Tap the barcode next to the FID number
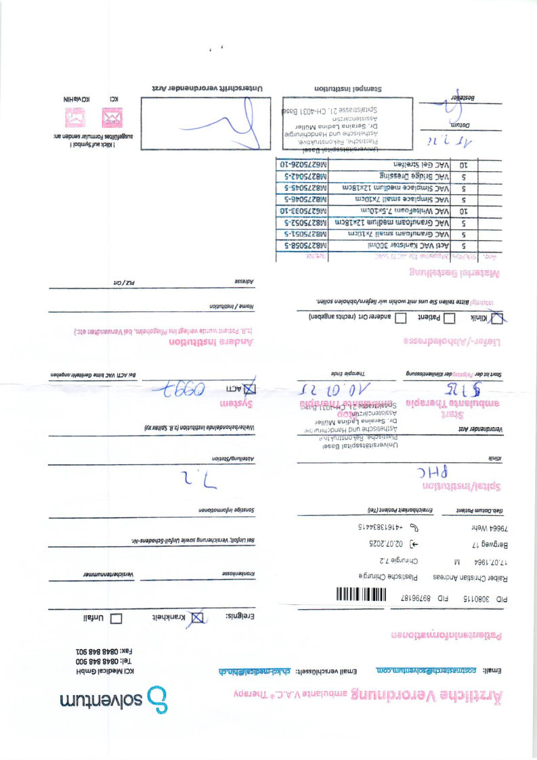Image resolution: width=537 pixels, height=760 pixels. (362, 598)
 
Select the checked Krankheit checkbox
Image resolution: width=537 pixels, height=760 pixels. (198, 618)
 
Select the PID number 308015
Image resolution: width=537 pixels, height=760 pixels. (492, 599)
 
